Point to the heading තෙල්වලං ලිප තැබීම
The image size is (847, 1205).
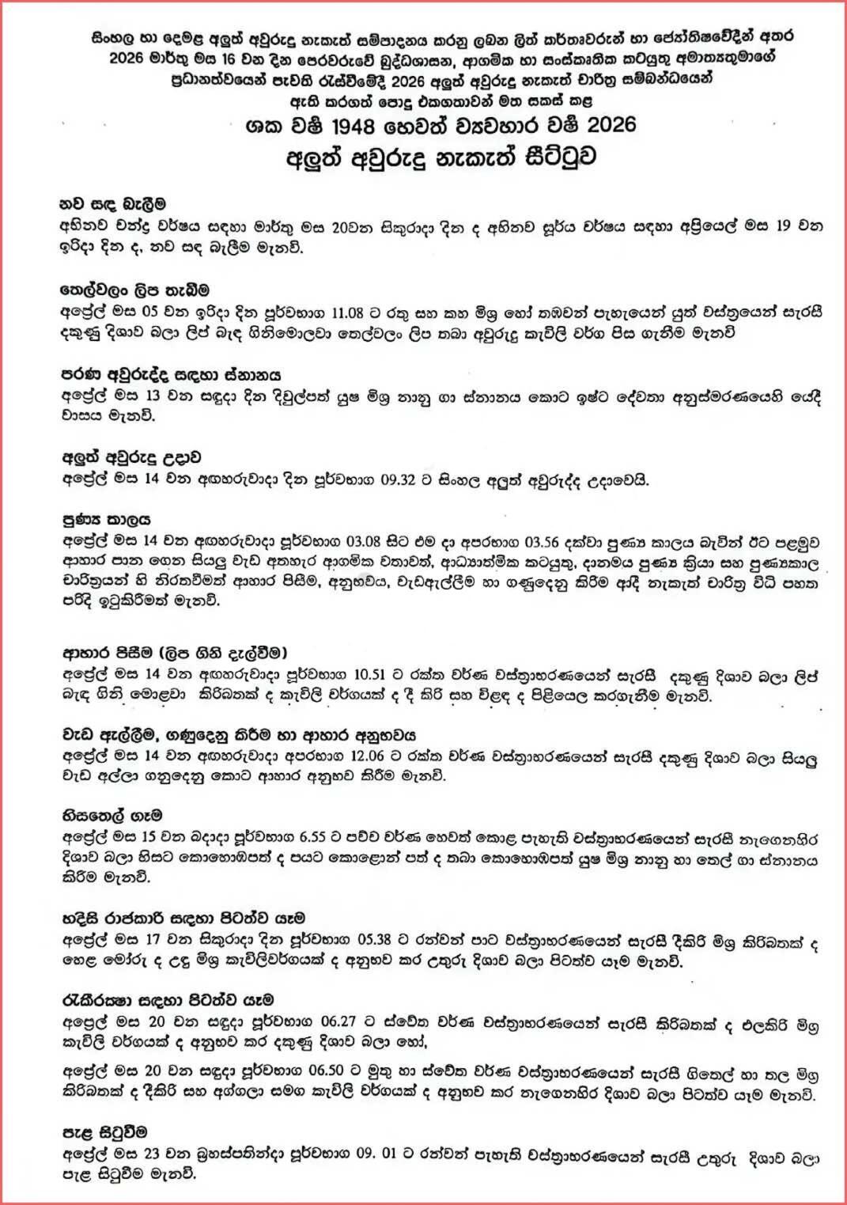pyautogui.click(x=135, y=290)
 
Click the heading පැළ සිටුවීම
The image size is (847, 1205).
pyautogui.click(x=104, y=1133)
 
